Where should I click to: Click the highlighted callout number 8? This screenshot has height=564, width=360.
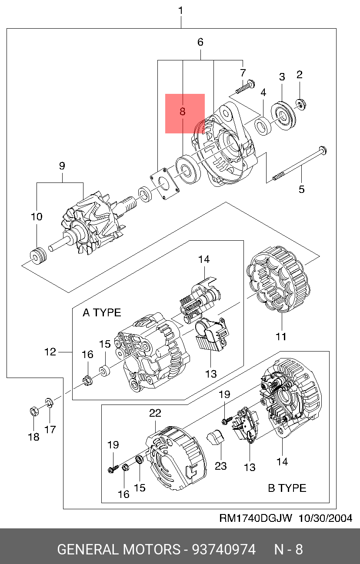point(183,112)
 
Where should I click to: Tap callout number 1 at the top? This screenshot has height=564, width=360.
point(181,10)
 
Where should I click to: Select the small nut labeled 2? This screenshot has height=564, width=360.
point(300,104)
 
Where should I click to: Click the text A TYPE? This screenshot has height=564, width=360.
point(102,312)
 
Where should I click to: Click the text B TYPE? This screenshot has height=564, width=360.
point(287,488)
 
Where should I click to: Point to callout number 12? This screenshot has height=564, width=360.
point(50,352)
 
